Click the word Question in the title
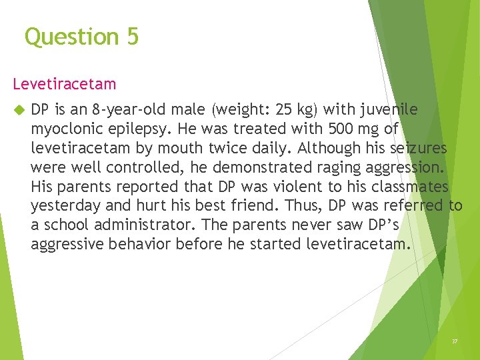pos(71,37)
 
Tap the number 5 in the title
pos(131,37)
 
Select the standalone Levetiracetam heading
pos(64,84)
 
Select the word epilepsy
pos(136,129)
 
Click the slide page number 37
pos(455,341)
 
